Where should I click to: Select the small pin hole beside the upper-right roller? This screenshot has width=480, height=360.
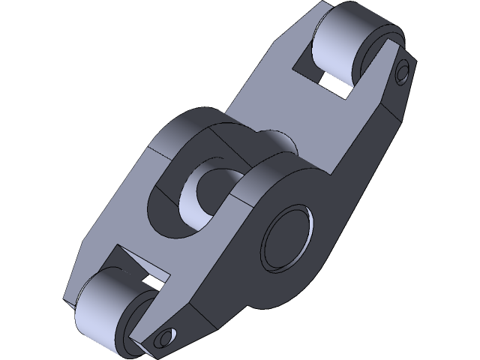pyautogui.click(x=403, y=72)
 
